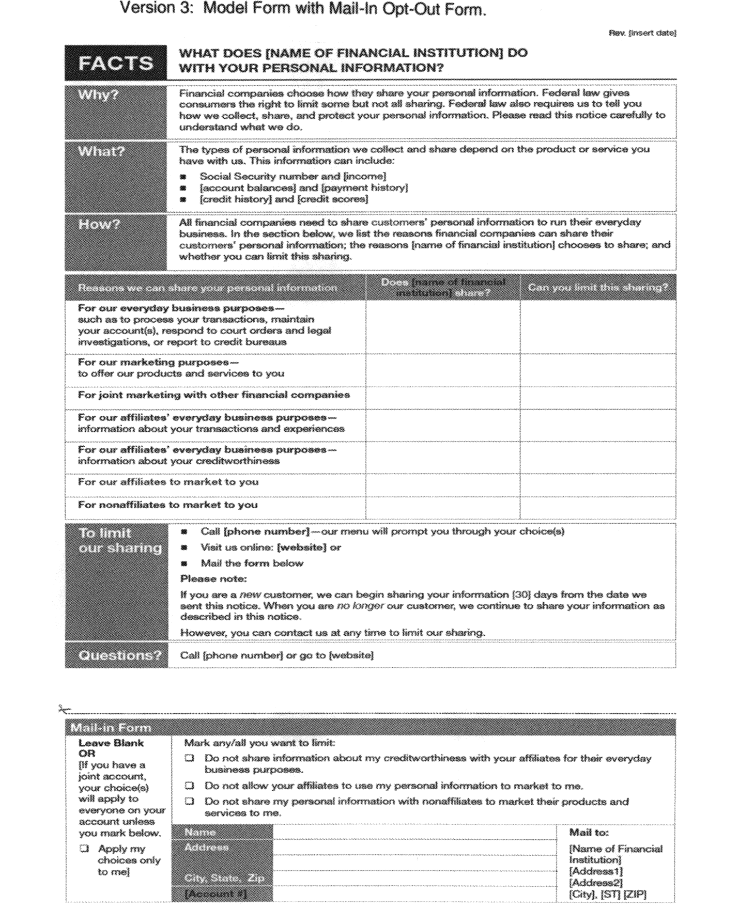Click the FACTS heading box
point(116,63)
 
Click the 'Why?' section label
point(98,95)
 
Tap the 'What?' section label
point(101,151)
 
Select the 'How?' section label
point(99,225)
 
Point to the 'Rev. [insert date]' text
point(642,33)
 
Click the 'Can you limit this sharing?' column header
point(597,287)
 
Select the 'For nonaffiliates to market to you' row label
point(167,505)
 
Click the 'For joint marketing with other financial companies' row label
point(213,395)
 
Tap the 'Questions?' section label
point(120,655)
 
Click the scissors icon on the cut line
point(64,710)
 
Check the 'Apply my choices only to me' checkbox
point(84,848)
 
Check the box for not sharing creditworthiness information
point(190,758)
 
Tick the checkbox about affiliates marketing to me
point(190,786)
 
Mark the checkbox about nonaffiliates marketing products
point(190,801)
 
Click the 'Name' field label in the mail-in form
point(200,832)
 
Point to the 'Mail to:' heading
point(589,832)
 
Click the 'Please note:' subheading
point(213,578)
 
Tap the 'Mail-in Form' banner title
point(111,728)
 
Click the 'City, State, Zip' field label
point(224,878)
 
